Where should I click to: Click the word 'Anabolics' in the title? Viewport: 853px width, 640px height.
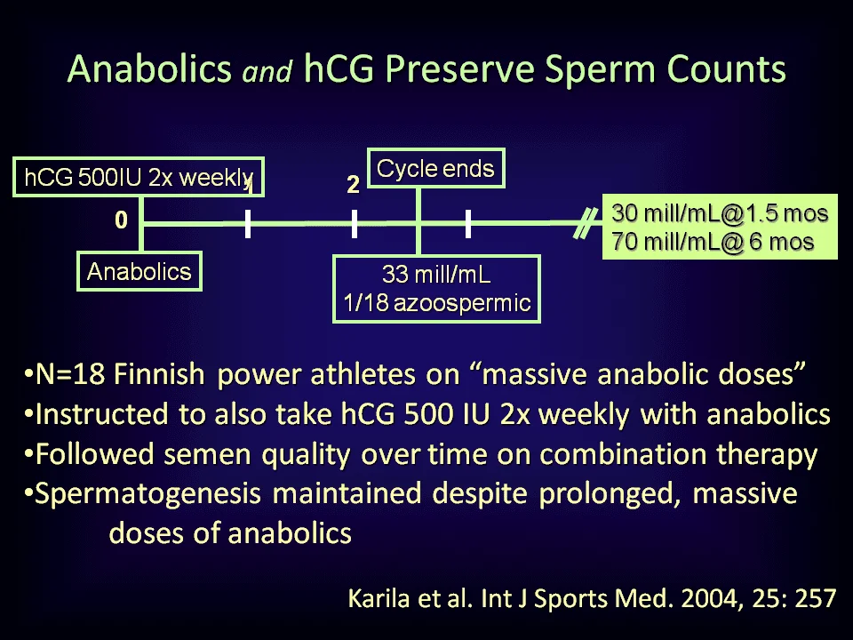149,69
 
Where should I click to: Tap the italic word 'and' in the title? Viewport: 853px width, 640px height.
267,71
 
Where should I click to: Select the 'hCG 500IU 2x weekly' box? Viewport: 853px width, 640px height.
139,177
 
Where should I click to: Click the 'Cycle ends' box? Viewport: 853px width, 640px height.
435,168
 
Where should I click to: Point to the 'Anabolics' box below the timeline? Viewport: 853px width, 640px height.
140,271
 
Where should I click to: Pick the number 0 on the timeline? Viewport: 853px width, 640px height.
121,220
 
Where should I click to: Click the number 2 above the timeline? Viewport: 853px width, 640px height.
353,185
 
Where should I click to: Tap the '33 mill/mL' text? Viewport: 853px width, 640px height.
436,274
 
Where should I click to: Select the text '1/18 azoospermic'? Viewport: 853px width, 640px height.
436,302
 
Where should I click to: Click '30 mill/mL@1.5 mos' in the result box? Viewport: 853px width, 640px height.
720,212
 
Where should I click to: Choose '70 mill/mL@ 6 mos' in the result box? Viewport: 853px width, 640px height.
713,241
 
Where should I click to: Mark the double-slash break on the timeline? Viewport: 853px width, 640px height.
585,223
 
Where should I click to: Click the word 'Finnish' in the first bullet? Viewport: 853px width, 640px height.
159,374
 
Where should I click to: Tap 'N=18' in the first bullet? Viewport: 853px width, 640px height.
69,374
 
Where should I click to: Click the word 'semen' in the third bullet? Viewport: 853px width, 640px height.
207,455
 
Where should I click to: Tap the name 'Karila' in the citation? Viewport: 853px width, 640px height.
379,598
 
